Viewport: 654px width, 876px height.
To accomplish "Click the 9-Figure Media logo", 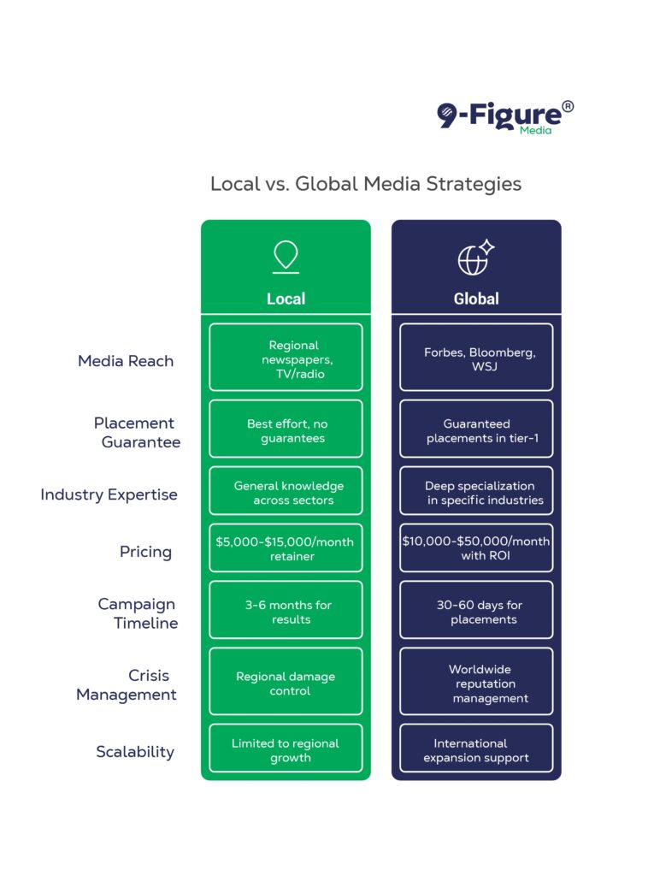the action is (505, 117).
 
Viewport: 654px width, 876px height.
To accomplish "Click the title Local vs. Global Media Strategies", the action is (366, 184).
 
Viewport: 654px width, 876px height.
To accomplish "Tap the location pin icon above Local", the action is (286, 257).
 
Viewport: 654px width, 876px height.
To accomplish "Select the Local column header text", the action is (286, 299).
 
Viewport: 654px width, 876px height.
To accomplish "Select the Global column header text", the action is (476, 299).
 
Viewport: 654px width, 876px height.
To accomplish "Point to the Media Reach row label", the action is (126, 361).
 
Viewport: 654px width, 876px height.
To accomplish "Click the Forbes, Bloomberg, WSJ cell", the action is (476, 357).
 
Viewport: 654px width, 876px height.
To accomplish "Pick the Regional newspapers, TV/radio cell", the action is (286, 357).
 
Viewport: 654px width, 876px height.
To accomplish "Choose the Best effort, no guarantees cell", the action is (286, 429).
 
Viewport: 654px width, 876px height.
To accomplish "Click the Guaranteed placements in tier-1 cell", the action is (476, 429).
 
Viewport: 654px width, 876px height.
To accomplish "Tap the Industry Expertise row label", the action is (109, 495).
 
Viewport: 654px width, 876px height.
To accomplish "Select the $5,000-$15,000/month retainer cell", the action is (286, 547).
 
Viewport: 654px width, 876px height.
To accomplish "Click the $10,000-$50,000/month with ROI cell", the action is (476, 547).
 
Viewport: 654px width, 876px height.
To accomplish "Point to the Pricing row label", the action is (146, 552).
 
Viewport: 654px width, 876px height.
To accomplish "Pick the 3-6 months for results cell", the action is (286, 609).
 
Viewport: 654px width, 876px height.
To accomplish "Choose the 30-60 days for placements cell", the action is (476, 609).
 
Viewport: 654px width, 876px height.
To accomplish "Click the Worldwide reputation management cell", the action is (476, 681).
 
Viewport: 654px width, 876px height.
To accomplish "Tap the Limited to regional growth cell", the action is (286, 748).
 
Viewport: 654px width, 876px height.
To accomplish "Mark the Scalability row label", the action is (135, 752).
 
